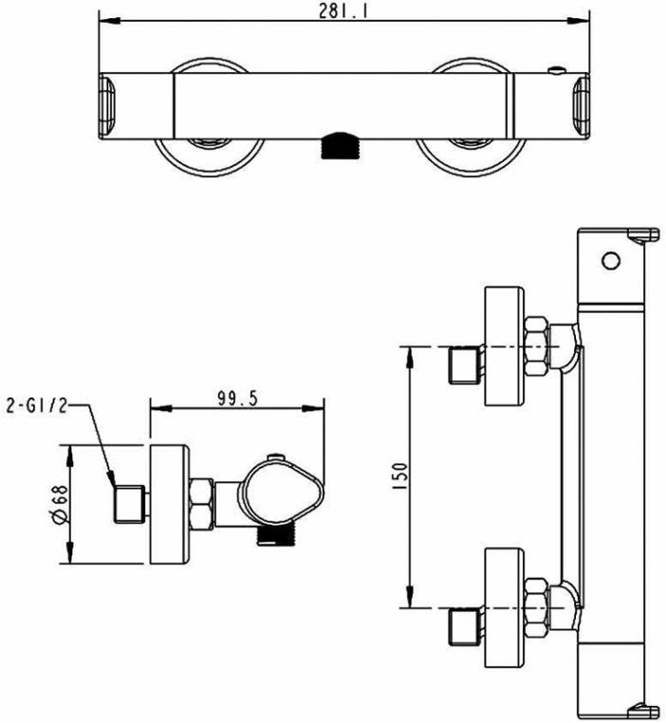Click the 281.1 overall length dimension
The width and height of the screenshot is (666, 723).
click(x=343, y=11)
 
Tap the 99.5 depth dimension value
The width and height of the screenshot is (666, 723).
click(x=237, y=399)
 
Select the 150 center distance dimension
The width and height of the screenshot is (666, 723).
click(x=401, y=476)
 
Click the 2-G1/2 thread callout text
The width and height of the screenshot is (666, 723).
click(x=36, y=405)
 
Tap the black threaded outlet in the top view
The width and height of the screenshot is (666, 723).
click(x=341, y=145)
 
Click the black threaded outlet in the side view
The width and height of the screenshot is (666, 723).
click(x=276, y=536)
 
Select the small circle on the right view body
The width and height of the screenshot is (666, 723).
click(x=611, y=261)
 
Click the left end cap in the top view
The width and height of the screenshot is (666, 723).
click(x=107, y=105)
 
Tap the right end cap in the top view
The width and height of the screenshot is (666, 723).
click(x=581, y=105)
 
